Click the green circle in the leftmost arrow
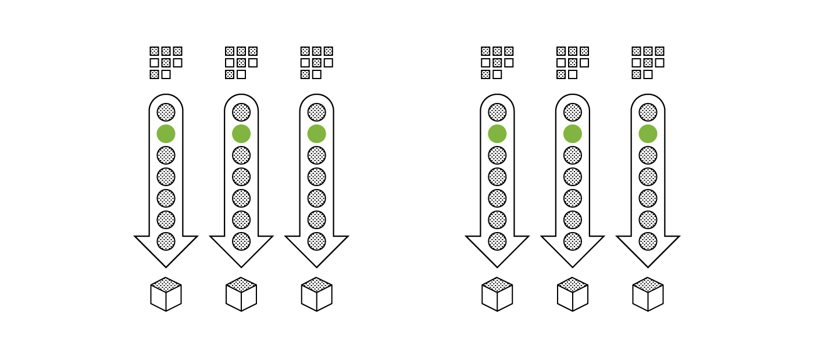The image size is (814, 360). [166, 134]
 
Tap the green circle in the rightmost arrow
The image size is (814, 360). [648, 134]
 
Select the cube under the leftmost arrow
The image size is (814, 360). [166, 294]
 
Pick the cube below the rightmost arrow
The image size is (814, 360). [648, 294]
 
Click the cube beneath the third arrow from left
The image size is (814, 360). [316, 294]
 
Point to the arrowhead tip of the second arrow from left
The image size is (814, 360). [241, 266]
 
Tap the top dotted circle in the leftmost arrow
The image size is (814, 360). [166, 112]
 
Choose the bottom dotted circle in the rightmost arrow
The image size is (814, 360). [648, 241]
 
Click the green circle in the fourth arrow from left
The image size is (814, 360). [497, 134]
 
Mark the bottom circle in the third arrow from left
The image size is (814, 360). [316, 241]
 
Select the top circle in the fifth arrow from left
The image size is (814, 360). [573, 112]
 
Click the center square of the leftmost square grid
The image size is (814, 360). [166, 63]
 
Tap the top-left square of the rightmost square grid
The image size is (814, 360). [636, 51]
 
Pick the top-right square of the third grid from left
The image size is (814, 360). [329, 51]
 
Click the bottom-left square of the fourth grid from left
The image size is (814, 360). [485, 74]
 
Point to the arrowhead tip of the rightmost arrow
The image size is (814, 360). [648, 266]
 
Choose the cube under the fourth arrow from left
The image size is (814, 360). [497, 294]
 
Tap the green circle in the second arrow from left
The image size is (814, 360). [241, 134]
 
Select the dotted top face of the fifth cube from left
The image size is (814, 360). [573, 284]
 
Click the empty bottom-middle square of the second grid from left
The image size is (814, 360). [241, 74]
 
